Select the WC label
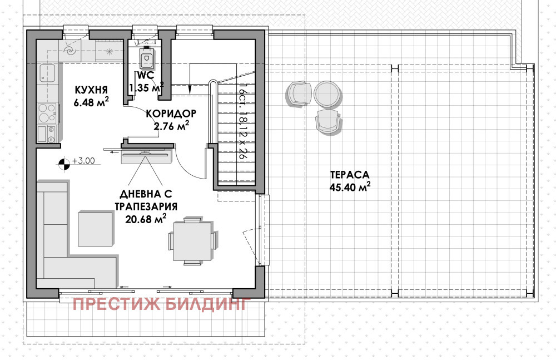(x=145, y=76)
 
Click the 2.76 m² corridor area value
(x=171, y=126)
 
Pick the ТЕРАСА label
(x=349, y=174)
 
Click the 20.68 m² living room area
(x=145, y=219)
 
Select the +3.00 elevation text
(x=84, y=162)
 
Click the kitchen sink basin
(x=47, y=73)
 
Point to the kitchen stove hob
(x=47, y=112)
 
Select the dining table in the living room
(x=192, y=241)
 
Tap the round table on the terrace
(x=326, y=93)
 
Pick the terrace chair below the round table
(x=328, y=121)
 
